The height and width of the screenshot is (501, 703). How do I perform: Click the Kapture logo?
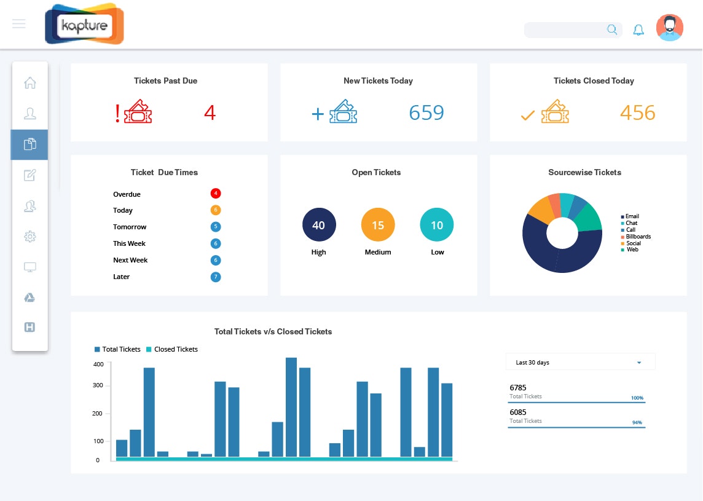[84, 25]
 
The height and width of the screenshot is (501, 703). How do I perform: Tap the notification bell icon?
[638, 30]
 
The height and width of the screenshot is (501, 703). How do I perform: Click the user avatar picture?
[669, 28]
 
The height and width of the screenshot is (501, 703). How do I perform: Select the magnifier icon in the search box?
[612, 30]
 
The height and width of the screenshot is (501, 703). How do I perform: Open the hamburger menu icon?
[19, 24]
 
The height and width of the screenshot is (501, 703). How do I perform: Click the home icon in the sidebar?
[29, 82]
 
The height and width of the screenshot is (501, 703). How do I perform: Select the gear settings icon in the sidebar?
[29, 236]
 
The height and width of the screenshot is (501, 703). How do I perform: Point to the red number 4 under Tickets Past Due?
[210, 113]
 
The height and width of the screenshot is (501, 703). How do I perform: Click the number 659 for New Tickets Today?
[426, 113]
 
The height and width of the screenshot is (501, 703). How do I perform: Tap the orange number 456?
[637, 113]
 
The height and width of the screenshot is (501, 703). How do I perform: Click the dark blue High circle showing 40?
[319, 225]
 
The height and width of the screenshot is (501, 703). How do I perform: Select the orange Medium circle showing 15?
[378, 225]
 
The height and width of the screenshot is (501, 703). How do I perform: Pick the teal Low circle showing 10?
[437, 225]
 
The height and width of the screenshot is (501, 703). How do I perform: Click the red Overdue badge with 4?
[215, 194]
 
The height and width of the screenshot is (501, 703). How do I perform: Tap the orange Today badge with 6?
[215, 210]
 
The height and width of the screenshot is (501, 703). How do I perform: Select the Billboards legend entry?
[637, 237]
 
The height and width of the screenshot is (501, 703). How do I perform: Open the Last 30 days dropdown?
[580, 362]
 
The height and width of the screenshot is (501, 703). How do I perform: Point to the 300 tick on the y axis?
[98, 385]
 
